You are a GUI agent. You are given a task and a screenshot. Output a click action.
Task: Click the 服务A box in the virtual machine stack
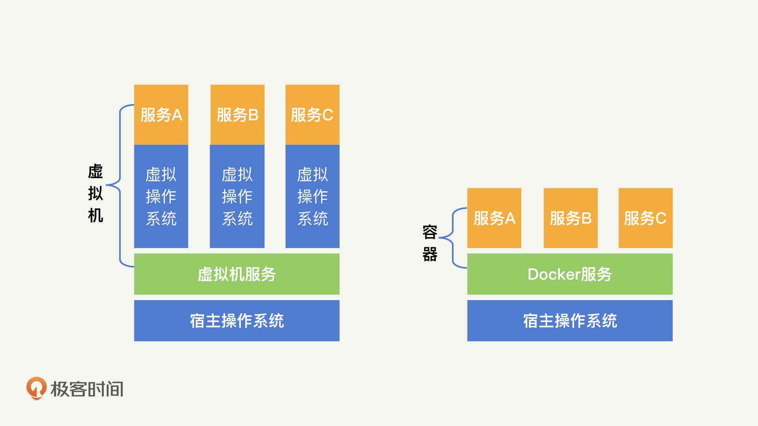161,115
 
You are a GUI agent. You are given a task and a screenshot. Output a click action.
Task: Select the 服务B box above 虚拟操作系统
237,115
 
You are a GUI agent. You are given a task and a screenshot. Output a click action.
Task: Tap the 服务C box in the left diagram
312,115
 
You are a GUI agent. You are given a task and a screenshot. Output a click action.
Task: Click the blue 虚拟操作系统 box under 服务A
161,196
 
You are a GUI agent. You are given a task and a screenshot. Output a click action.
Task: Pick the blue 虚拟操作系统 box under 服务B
237,196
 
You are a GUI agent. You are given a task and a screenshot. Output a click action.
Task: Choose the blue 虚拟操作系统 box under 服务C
312,196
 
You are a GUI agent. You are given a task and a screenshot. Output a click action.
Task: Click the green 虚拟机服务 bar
237,274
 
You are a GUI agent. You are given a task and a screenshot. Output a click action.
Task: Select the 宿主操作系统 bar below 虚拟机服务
237,321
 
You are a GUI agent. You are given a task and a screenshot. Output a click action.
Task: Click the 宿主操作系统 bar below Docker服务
570,321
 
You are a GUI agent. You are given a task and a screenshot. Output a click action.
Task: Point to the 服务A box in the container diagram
494,218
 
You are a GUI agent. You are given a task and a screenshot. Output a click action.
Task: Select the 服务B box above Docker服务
570,218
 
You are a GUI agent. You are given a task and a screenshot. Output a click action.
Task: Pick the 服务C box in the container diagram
645,218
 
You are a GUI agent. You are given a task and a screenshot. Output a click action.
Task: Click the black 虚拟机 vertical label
96,193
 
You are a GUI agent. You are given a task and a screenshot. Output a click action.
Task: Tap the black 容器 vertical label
430,243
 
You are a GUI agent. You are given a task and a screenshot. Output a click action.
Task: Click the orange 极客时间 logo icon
36,388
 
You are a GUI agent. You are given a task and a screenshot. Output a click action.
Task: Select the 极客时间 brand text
87,389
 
